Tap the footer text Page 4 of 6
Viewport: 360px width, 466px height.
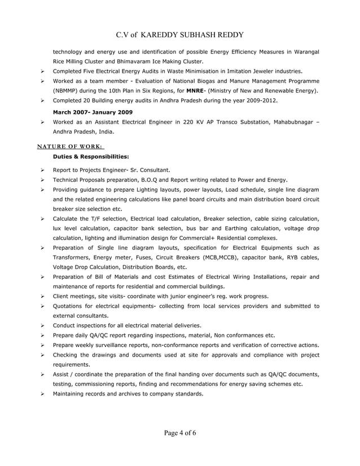180,433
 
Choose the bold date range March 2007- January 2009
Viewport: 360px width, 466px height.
93,112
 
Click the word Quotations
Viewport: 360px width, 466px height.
69,306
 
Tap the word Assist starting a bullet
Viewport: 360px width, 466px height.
61,374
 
